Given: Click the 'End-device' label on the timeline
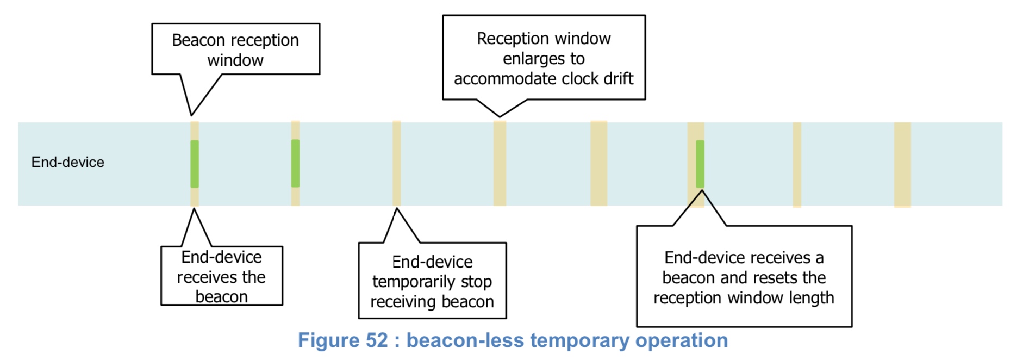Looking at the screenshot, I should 67,162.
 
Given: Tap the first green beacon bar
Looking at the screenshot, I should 195,164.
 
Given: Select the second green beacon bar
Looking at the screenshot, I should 295,163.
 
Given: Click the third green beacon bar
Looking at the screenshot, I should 700,164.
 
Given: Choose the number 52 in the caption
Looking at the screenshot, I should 377,340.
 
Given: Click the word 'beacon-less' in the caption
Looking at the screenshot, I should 465,340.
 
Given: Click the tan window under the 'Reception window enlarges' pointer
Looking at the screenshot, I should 500,163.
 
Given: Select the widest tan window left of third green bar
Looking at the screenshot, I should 598,163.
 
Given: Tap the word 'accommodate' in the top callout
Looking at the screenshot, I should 497,79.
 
